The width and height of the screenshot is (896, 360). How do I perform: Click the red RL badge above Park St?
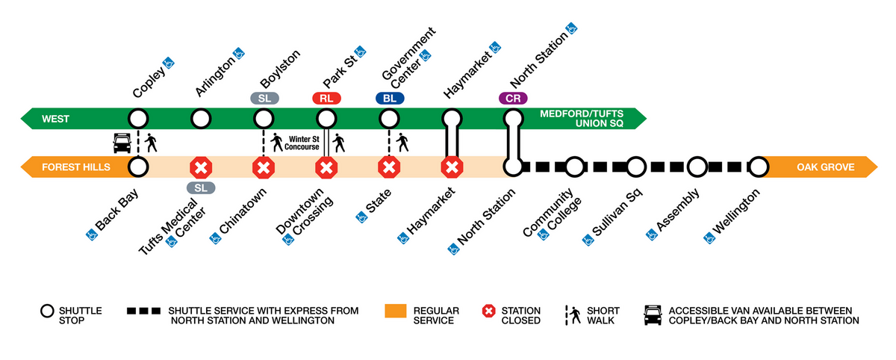(x=326, y=98)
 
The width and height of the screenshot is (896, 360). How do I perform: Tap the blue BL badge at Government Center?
(x=389, y=98)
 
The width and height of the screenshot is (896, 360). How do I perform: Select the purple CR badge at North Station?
(x=513, y=98)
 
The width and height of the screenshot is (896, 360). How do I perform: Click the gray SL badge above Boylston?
(x=264, y=98)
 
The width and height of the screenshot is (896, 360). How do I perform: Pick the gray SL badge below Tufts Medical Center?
(x=200, y=187)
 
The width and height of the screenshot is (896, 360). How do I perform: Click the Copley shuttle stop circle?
(x=137, y=118)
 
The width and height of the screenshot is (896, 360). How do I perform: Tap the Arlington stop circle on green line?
(x=200, y=118)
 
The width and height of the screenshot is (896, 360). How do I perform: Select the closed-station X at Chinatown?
(x=263, y=167)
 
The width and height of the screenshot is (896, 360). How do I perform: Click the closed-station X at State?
(x=388, y=167)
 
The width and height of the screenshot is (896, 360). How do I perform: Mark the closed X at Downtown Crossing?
(x=326, y=167)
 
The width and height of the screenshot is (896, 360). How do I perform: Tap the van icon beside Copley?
(x=122, y=142)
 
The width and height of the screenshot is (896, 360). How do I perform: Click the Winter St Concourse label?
(x=302, y=142)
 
